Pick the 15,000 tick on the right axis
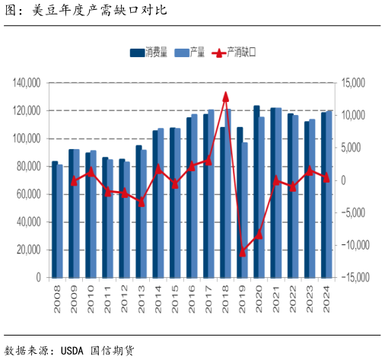click(x=355, y=83)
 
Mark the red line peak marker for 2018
click(x=225, y=96)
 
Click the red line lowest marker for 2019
click(x=243, y=251)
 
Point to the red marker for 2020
click(x=259, y=234)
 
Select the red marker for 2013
click(x=141, y=202)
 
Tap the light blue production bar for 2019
click(x=245, y=210)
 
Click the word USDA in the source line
click(x=69, y=350)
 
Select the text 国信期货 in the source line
click(x=110, y=350)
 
